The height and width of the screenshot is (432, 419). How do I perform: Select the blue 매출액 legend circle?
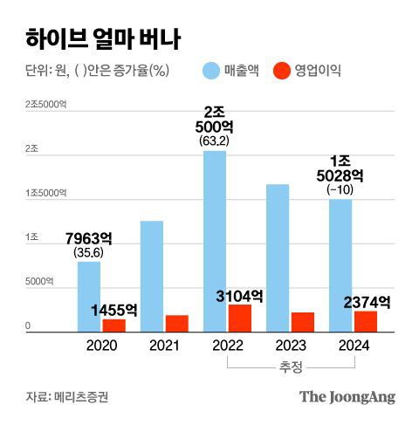[x=212, y=71]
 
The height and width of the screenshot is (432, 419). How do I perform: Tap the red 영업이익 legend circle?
[x=282, y=71]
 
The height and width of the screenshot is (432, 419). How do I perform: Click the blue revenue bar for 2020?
[x=89, y=297]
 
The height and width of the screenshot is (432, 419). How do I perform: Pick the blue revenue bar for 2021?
[x=152, y=276]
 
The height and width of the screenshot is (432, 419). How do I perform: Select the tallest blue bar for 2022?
[x=215, y=241]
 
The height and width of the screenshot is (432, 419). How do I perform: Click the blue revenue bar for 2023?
[x=278, y=257]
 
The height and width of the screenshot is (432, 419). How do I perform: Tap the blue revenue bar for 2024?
[x=340, y=265]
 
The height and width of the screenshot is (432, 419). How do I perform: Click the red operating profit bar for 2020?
[x=113, y=325]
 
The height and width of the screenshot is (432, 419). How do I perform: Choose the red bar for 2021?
[x=176, y=323]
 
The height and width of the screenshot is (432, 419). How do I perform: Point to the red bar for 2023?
[x=302, y=321]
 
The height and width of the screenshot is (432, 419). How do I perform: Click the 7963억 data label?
[x=89, y=238]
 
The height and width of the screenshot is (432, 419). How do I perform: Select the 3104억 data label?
[x=239, y=296]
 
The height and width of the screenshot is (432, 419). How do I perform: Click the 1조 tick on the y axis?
[x=32, y=237]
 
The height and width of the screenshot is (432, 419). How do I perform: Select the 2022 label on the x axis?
[x=227, y=345]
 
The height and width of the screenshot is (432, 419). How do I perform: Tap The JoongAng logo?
[x=347, y=397]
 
